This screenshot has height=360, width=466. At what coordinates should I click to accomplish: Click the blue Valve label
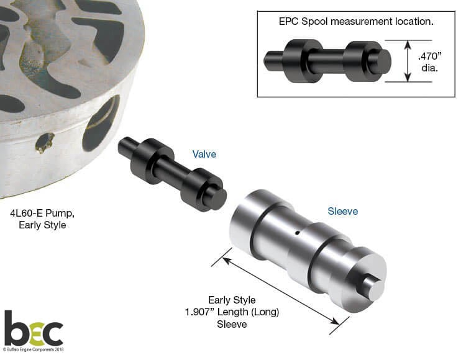coord(204,155)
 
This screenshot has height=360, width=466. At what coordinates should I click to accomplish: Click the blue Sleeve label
coord(342,211)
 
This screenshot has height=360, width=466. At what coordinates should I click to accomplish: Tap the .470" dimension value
coord(430,56)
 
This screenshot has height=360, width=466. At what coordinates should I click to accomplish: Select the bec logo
coord(34,328)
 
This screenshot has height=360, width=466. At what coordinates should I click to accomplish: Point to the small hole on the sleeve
coord(297,233)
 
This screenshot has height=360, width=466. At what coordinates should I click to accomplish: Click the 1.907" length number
coord(200,312)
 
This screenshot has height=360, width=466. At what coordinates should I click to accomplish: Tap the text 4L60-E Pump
coord(42,214)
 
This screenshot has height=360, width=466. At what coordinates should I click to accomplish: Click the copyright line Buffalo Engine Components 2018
coord(34,349)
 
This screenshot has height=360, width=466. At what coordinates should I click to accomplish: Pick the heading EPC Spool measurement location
coord(356,22)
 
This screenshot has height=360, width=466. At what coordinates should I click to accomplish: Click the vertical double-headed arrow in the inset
coord(408,61)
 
